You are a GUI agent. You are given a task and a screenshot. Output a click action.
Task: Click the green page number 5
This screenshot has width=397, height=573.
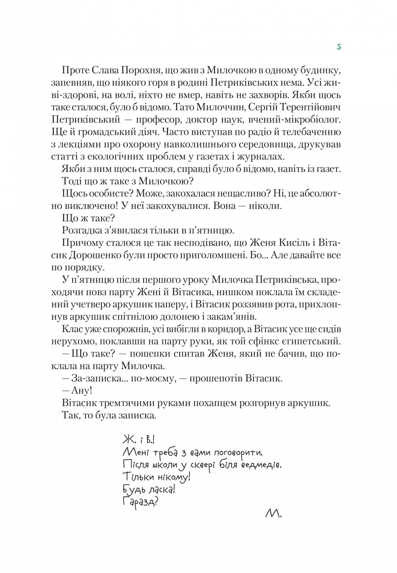(x=339, y=47)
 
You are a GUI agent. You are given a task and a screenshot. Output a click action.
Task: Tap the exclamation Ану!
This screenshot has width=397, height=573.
(x=81, y=391)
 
